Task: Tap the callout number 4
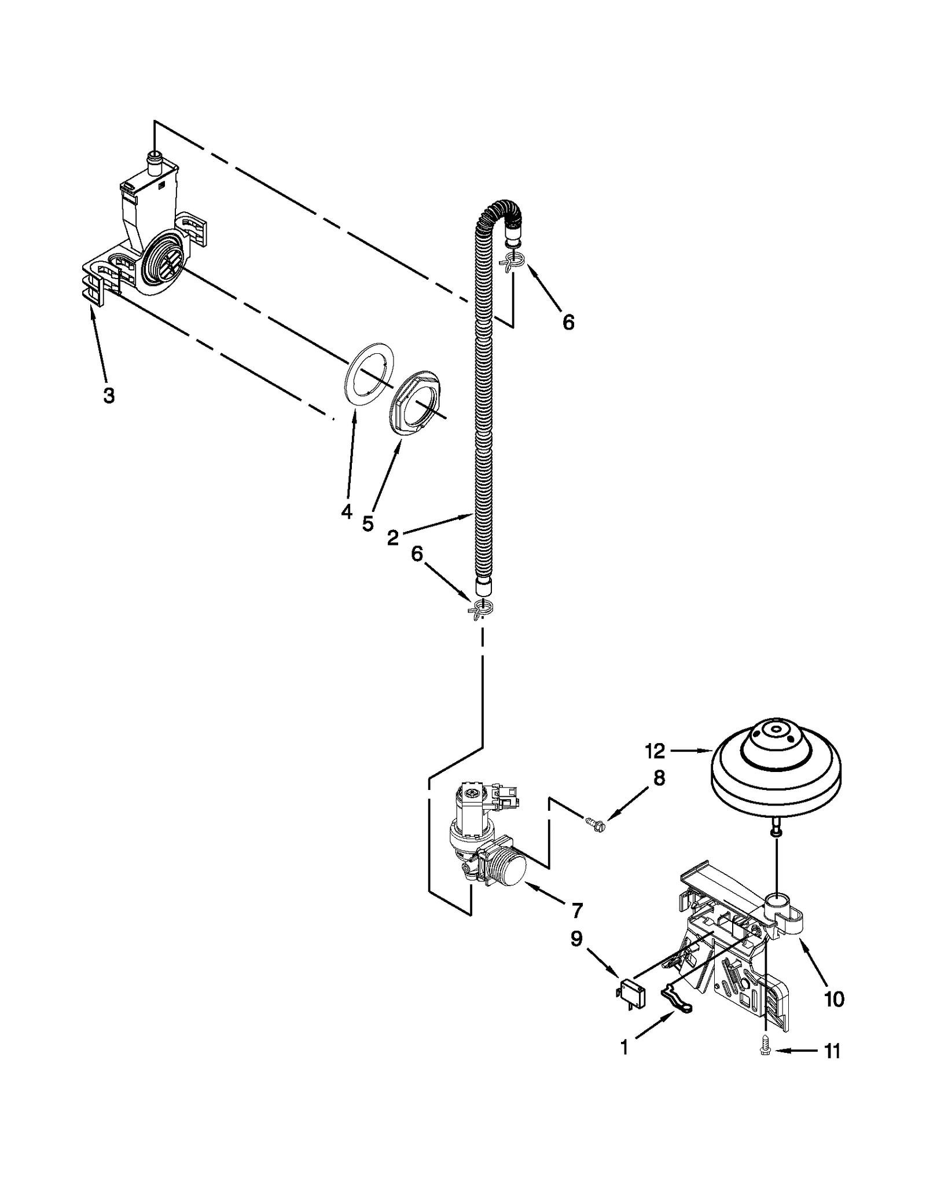coord(346,511)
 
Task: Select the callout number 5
coord(368,524)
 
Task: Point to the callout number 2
coord(393,538)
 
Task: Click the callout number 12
coord(656,751)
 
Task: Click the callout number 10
coord(834,999)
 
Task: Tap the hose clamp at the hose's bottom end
coord(482,609)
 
